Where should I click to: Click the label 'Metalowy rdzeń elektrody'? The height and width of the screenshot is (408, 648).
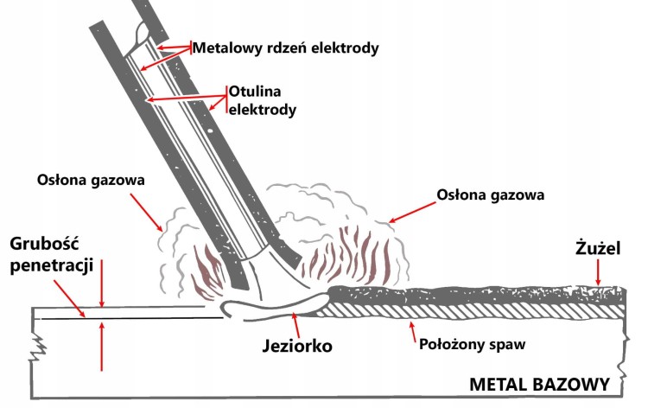coord(285,48)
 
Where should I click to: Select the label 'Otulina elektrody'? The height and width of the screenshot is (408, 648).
coord(262,99)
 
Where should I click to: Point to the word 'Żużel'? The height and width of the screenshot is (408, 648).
coord(595,247)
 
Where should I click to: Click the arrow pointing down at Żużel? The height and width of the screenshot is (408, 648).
coord(597,275)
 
